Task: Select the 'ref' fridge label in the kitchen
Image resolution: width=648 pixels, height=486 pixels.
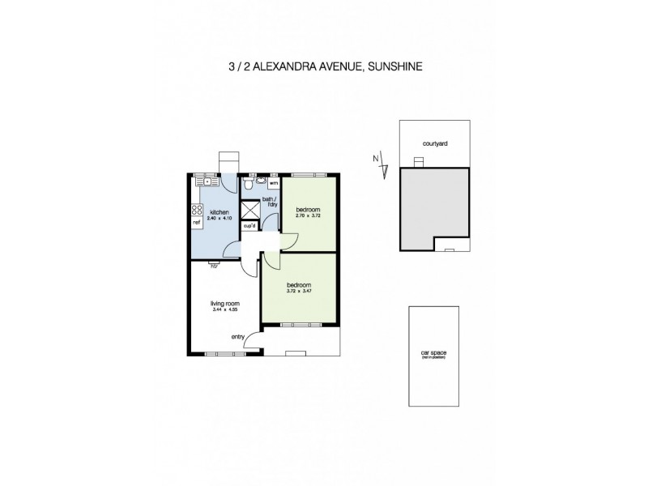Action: click(x=196, y=220)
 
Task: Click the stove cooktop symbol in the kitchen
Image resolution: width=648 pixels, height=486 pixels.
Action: click(x=196, y=210)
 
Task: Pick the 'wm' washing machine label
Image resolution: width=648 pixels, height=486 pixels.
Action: click(x=274, y=185)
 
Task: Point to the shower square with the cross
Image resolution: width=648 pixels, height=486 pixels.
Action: click(x=249, y=209)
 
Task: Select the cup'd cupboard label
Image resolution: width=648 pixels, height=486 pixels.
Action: click(x=249, y=226)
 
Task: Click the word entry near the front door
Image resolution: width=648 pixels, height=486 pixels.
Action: click(x=238, y=337)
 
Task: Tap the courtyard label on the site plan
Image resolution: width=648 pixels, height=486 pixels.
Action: click(x=435, y=143)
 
